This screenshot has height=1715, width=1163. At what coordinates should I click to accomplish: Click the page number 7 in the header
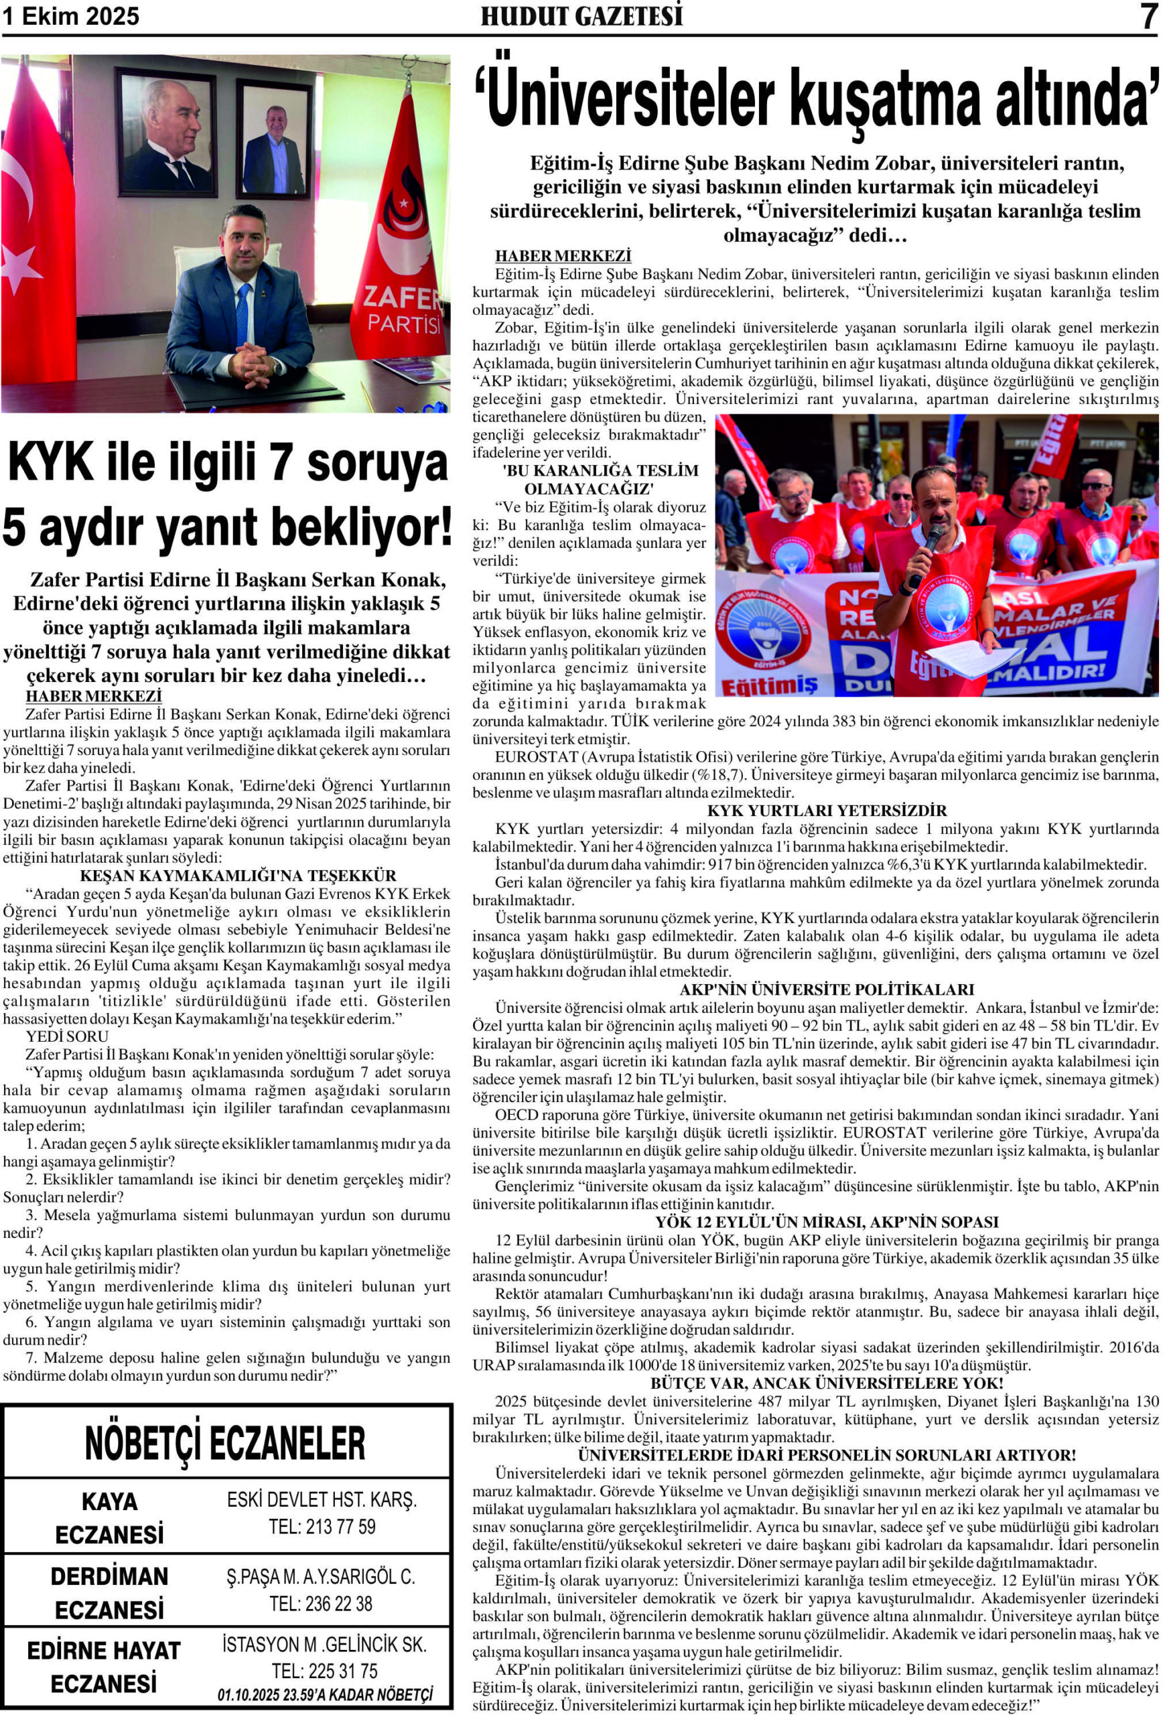1148,16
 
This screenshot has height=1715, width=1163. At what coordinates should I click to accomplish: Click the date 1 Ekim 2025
71,16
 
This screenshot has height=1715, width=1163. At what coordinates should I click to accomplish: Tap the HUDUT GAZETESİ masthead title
581,16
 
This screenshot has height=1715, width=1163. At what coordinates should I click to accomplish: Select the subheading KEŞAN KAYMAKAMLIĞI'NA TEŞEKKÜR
237,876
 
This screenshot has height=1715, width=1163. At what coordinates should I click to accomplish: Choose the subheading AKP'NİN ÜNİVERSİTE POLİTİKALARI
827,989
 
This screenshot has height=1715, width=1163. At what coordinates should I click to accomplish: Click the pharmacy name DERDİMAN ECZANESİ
109,1592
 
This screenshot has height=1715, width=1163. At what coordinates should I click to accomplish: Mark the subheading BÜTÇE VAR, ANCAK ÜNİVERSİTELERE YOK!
826,1383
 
